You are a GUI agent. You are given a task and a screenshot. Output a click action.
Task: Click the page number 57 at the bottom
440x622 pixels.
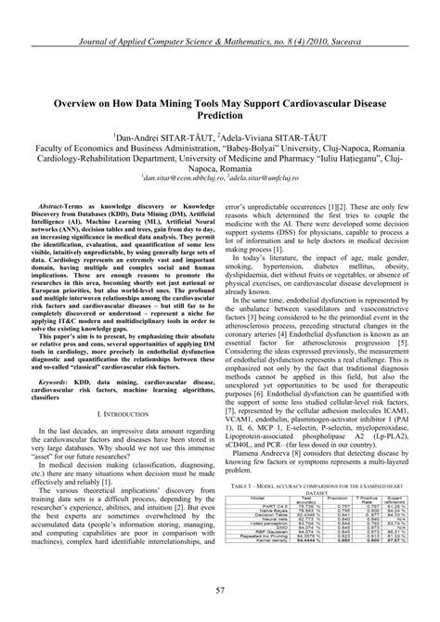(220, 590)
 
